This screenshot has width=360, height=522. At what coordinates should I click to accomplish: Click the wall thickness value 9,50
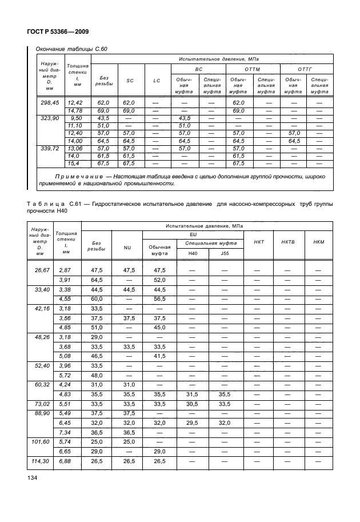[75, 117]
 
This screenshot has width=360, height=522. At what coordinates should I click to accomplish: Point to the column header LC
[157, 81]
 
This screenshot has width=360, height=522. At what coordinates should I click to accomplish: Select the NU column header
[127, 248]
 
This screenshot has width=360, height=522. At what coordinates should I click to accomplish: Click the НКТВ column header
[289, 242]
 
